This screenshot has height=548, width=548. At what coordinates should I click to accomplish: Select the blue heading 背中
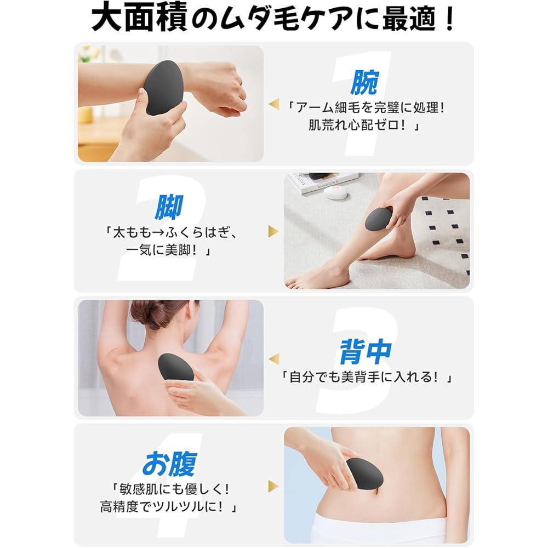365,352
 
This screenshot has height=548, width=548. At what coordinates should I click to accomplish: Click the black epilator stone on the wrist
164,88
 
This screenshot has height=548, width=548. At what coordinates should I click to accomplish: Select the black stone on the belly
365,476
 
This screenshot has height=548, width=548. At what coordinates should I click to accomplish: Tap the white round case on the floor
335,192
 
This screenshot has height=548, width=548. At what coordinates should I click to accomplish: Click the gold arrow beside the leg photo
273,231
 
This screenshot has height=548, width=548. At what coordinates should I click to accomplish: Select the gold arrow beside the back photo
273,359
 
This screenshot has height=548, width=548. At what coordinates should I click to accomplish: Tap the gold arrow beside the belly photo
273,486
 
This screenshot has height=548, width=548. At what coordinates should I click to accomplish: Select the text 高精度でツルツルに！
169,506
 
